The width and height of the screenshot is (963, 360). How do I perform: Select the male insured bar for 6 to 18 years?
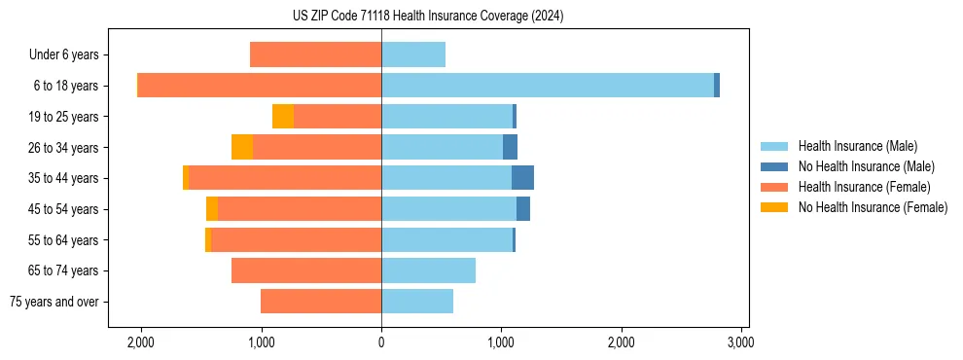pos(548,86)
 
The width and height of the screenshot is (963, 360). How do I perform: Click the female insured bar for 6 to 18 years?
pos(260,86)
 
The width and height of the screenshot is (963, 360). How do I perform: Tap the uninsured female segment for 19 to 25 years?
pos(283,117)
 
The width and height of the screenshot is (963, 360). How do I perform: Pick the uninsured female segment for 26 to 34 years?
pos(242,147)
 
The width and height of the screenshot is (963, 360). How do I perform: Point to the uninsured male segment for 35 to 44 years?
pos(522,178)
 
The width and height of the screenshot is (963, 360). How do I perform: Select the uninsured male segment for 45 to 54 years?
pos(523,209)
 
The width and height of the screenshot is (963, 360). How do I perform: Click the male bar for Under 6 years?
pos(413,54)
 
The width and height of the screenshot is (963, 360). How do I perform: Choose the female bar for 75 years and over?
pos(321,302)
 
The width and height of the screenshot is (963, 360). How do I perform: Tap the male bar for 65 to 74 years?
pos(428,270)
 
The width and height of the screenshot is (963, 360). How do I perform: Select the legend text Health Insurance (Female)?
pos(865,187)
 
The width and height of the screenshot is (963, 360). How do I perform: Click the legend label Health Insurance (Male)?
pos(858,146)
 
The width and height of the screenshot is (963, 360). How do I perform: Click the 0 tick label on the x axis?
pos(381,342)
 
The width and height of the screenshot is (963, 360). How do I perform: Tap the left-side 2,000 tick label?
pos(141,342)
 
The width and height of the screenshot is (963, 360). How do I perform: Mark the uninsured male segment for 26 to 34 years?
pos(510,147)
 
